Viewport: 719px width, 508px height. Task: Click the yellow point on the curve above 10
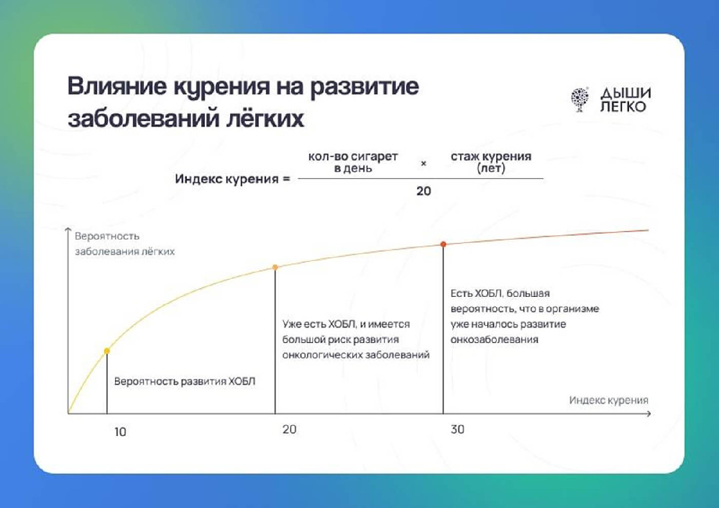[107, 351]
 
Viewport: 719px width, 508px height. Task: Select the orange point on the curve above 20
[275, 267]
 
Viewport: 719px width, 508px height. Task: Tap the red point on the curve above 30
[443, 244]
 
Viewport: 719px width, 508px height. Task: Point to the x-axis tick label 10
[120, 432]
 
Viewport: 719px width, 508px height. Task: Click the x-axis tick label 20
[289, 429]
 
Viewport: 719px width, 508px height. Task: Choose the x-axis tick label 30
[457, 429]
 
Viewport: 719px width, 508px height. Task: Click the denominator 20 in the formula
[424, 191]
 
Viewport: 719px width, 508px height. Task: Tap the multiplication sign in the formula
[424, 164]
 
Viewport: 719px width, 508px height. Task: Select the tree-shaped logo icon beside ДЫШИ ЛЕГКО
[580, 100]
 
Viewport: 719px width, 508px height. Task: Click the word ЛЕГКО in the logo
[623, 107]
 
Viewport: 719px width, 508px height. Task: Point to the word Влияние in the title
[117, 86]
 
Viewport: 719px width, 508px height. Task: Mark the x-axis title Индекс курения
[609, 400]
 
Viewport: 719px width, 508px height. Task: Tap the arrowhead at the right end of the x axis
[649, 413]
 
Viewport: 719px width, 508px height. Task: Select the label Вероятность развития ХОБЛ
[185, 381]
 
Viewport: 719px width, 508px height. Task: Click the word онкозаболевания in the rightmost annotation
[494, 339]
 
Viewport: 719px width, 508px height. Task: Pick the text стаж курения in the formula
[491, 157]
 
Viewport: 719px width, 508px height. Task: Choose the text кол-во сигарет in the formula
[353, 157]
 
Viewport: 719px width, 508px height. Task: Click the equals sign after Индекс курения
[286, 179]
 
